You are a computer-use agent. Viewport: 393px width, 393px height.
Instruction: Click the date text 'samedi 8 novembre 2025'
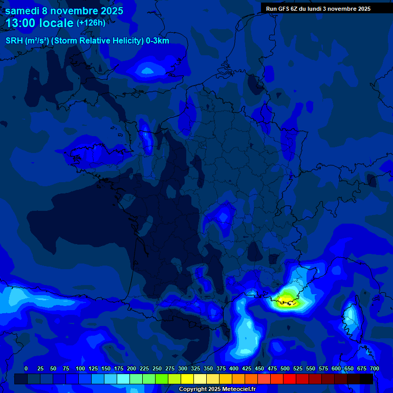64,10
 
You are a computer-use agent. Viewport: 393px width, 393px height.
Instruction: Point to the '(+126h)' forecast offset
91,23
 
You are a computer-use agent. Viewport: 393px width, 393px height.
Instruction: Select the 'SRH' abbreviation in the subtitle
14,41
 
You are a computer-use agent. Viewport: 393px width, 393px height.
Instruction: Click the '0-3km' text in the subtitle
157,41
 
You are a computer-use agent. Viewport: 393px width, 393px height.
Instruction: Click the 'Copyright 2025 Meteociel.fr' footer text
216,389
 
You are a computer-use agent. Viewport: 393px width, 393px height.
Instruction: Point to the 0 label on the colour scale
26,368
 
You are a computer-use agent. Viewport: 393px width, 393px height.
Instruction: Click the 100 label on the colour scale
80,368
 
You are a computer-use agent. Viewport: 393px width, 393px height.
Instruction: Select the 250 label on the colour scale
157,368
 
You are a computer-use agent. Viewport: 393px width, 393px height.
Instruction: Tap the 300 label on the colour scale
183,368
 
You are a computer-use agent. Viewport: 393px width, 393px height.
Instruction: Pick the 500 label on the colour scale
285,368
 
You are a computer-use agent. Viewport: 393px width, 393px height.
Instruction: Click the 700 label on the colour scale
374,368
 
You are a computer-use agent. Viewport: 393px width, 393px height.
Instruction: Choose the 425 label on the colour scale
247,368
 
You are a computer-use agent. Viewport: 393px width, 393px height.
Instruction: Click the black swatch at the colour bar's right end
366,379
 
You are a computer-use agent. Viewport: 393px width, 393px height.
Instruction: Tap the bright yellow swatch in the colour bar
187,379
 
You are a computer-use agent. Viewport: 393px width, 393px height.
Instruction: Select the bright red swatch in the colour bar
290,379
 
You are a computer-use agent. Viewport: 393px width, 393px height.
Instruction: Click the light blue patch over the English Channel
147,71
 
